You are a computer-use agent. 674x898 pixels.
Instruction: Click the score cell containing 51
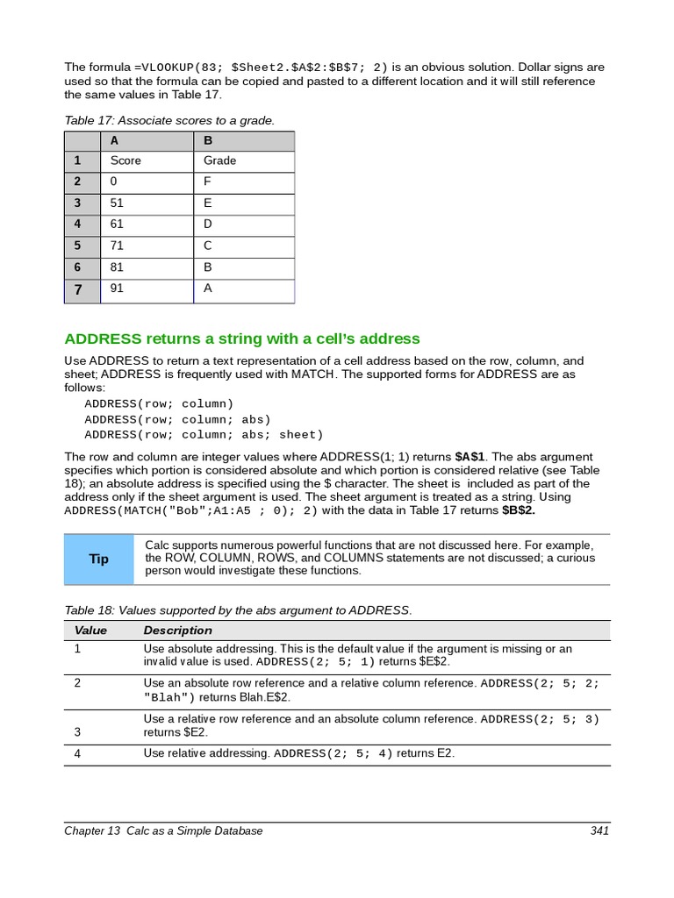pos(118,203)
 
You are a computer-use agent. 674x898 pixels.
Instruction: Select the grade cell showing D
pos(208,224)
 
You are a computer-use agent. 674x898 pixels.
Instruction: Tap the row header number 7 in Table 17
pos(77,289)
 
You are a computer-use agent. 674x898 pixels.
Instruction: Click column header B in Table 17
pos(208,140)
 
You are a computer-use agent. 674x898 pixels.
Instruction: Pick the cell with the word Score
pos(125,161)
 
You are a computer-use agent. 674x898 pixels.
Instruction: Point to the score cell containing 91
pos(118,288)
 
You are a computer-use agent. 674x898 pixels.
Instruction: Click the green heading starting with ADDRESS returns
pos(242,339)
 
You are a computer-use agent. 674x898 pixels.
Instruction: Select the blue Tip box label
pos(99,559)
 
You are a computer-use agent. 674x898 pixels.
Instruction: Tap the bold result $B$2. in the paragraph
pos(519,510)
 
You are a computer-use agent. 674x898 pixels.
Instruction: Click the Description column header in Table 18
pos(177,631)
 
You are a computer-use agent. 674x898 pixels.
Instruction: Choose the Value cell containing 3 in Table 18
pos(77,731)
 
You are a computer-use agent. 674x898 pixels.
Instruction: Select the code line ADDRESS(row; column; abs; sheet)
pos(204,435)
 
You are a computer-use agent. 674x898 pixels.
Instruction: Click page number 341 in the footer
pos(599,830)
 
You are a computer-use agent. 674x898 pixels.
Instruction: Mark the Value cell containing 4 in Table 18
pos(77,753)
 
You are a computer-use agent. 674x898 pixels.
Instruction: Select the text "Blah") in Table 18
pos(169,697)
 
